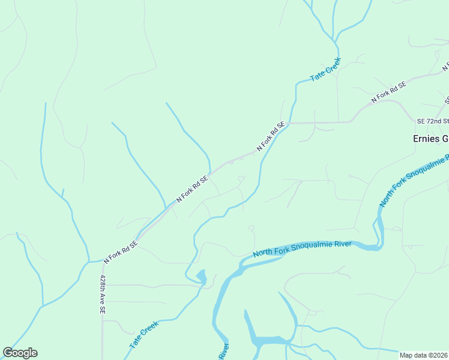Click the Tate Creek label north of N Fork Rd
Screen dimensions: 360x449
[x=325, y=70]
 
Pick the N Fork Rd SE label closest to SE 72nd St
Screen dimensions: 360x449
[x=388, y=92]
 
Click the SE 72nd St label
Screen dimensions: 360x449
[x=433, y=121]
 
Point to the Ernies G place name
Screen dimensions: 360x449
[x=430, y=139]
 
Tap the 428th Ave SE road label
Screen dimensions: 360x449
[x=103, y=295]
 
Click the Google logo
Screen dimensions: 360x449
[x=20, y=353]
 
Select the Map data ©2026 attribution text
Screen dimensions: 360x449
[x=424, y=355]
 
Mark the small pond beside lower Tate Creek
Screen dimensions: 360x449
[x=201, y=277]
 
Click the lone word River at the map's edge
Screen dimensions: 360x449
[x=223, y=351]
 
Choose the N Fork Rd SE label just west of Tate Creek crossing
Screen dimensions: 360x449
[x=270, y=136]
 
